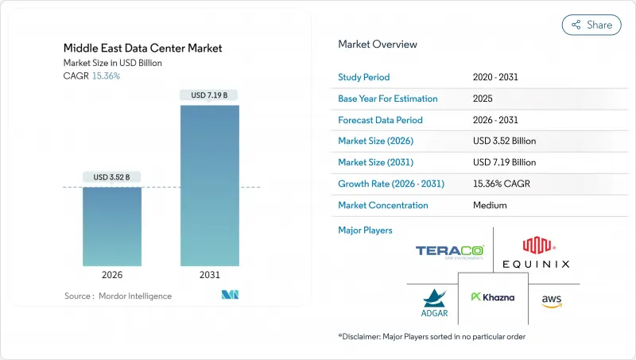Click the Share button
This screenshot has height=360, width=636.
591,25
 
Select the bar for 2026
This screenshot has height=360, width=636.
112,226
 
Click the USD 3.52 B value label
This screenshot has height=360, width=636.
112,176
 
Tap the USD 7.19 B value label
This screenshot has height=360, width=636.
210,95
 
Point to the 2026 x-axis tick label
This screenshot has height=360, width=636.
112,274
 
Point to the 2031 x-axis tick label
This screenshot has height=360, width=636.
210,274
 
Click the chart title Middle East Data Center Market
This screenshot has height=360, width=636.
143,48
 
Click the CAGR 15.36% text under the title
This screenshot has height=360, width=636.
91,75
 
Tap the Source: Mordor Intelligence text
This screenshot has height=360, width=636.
118,296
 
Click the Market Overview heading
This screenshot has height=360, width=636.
378,44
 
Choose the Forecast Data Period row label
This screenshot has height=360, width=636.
381,120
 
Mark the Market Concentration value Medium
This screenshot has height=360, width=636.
490,205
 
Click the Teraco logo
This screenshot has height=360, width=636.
449,252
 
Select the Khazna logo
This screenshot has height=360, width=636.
493,297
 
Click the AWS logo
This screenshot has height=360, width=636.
552,300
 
